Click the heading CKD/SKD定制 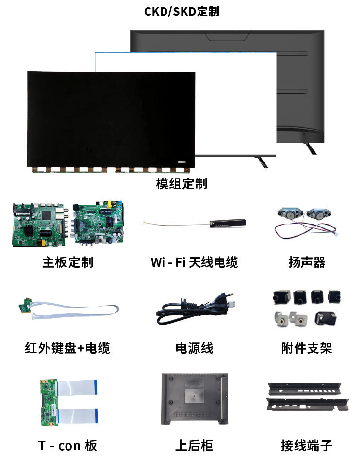(182, 12)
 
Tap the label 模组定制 (182, 184)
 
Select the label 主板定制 (67, 262)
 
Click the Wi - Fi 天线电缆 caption (194, 262)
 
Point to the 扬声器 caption (307, 262)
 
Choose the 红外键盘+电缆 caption (67, 348)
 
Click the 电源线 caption (194, 348)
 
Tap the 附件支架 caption (307, 348)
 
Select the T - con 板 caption (67, 446)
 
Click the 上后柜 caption (194, 446)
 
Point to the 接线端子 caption (307, 446)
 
